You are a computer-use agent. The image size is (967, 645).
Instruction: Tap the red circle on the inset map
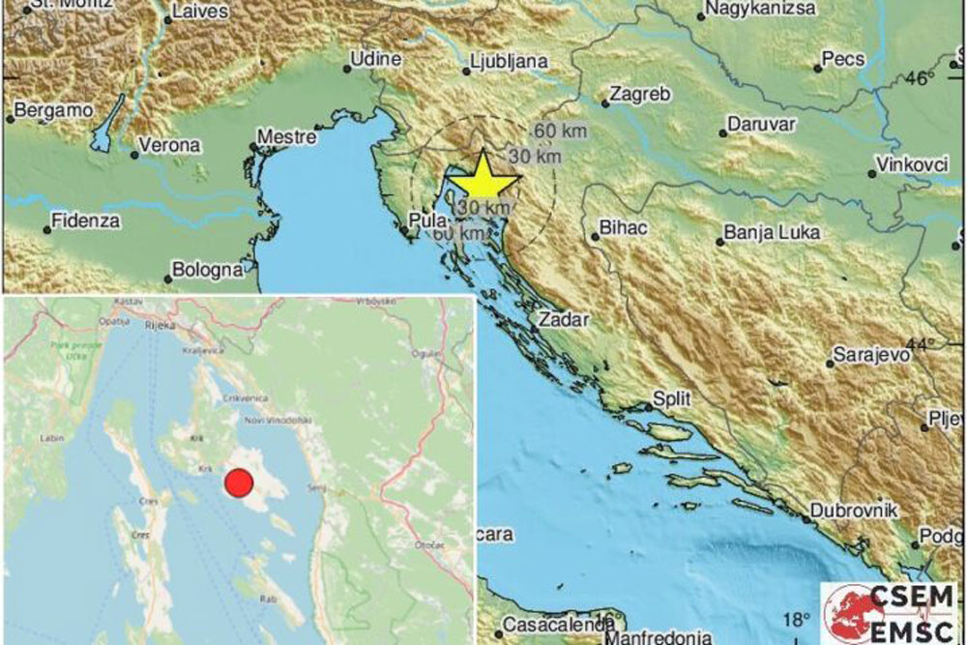(x=238, y=482)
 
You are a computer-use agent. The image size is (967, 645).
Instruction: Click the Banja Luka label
(x=772, y=233)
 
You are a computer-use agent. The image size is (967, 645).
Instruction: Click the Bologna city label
(x=206, y=270)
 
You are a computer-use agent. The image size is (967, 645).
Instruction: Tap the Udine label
(x=375, y=59)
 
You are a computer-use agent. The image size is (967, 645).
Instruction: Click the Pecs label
(x=842, y=59)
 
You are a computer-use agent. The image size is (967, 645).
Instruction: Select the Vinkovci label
(x=913, y=164)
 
